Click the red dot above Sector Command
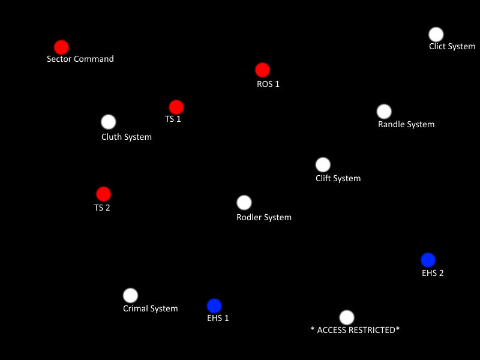pyautogui.click(x=61, y=47)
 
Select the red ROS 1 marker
pyautogui.click(x=262, y=70)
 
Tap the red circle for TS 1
pyautogui.click(x=176, y=107)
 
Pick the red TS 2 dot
pyautogui.click(x=104, y=194)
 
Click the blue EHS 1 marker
pyautogui.click(x=214, y=306)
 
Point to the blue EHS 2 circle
pyautogui.click(x=428, y=260)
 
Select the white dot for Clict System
pyautogui.click(x=436, y=34)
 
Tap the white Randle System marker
pyautogui.click(x=384, y=112)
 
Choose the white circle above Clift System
pyautogui.click(x=323, y=164)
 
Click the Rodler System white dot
pyautogui.click(x=244, y=203)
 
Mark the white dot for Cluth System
pyautogui.click(x=109, y=122)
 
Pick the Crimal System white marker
pyautogui.click(x=130, y=295)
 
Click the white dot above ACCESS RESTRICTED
pyautogui.click(x=347, y=317)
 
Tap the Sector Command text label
pyautogui.click(x=80, y=59)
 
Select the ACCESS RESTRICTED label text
pyautogui.click(x=355, y=330)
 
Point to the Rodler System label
pyautogui.click(x=264, y=217)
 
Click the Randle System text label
pyautogui.click(x=406, y=125)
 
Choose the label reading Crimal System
pyautogui.click(x=151, y=308)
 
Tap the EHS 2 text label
pyautogui.click(x=433, y=273)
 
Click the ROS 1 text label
pyautogui.click(x=268, y=84)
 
